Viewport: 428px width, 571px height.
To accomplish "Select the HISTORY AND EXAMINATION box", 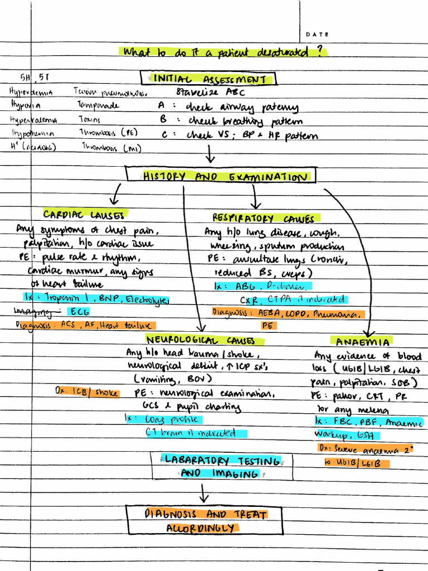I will pyautogui.click(x=221, y=177).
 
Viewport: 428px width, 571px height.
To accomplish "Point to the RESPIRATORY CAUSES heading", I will pyautogui.click(x=263, y=219).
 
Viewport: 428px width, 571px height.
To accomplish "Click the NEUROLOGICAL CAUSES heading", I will pyautogui.click(x=201, y=340).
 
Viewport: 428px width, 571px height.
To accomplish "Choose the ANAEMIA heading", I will pyautogui.click(x=362, y=341).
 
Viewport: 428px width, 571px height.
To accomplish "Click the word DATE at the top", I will pyautogui.click(x=317, y=35).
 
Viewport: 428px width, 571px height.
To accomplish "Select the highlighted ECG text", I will pyautogui.click(x=79, y=312).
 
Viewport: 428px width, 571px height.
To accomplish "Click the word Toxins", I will pyautogui.click(x=89, y=119).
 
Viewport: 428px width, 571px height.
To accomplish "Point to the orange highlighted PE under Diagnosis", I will pyautogui.click(x=267, y=325).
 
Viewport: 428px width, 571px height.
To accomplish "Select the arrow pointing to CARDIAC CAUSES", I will pyautogui.click(x=116, y=195).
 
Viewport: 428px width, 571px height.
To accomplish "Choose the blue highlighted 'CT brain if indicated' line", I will pyautogui.click(x=191, y=433).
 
